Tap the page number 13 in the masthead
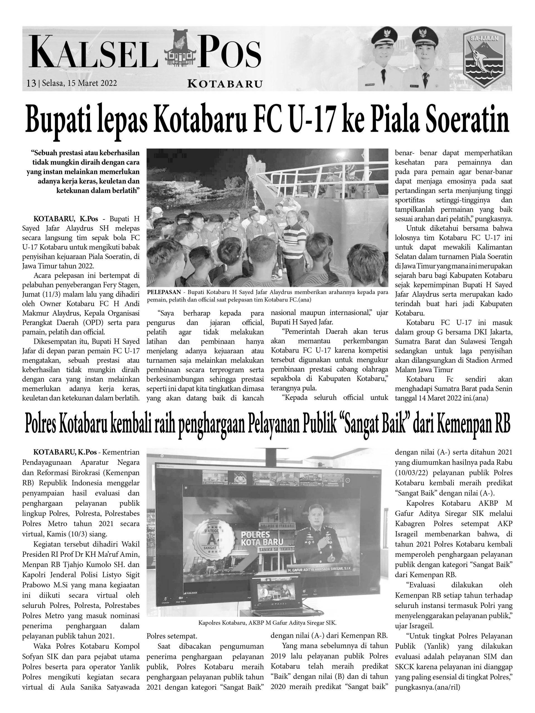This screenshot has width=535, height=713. [31, 83]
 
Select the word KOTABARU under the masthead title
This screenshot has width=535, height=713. [225, 84]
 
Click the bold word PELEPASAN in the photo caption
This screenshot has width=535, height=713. [164, 292]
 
